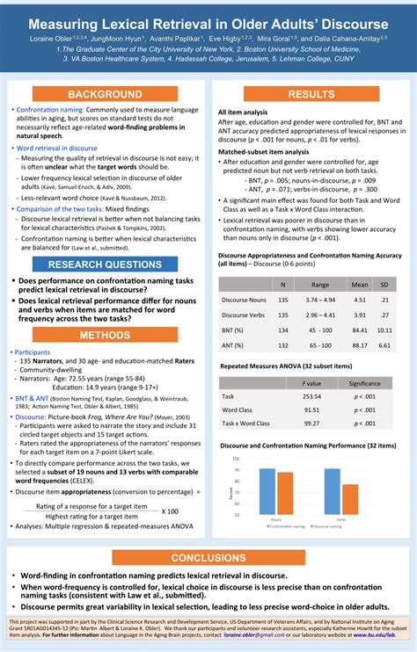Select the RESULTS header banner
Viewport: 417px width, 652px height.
pyautogui.click(x=311, y=94)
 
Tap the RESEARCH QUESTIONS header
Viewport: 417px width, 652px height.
pyautogui.click(x=105, y=264)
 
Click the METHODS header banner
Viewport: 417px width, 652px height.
pyautogui.click(x=105, y=335)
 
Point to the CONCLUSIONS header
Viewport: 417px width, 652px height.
pyautogui.click(x=208, y=558)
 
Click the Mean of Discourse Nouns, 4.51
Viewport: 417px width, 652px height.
pyautogui.click(x=359, y=300)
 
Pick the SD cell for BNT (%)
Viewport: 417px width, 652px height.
pyautogui.click(x=384, y=330)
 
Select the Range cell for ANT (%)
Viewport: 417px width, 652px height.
pyautogui.click(x=320, y=345)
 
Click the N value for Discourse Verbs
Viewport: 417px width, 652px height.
pyautogui.click(x=282, y=315)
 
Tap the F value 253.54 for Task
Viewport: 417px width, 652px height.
pyautogui.click(x=311, y=396)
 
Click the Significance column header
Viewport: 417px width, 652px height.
pyautogui.click(x=364, y=383)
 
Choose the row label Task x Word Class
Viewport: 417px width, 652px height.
pyautogui.click(x=245, y=424)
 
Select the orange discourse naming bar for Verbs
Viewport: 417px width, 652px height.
pyautogui.click(x=350, y=502)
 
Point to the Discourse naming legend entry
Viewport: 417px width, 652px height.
pyautogui.click(x=327, y=526)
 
